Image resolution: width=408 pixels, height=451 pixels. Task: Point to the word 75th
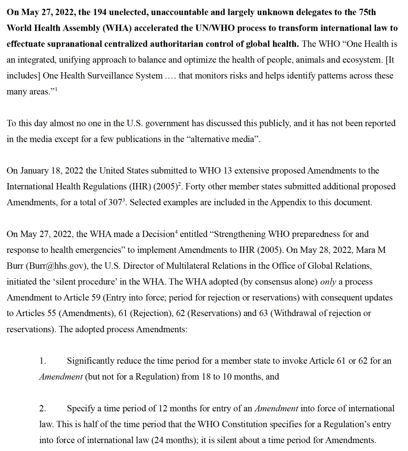367,12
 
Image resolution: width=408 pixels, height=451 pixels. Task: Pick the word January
34,171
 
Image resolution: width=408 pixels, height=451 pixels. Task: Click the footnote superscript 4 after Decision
176,232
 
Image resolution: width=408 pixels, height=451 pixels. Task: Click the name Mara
365,250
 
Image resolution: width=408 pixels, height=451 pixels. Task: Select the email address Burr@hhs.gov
56,266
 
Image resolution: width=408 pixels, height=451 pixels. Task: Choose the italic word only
328,282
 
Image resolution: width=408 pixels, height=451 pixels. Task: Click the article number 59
96,298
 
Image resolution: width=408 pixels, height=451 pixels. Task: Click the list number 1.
42,361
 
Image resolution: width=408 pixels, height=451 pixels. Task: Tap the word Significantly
90,361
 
